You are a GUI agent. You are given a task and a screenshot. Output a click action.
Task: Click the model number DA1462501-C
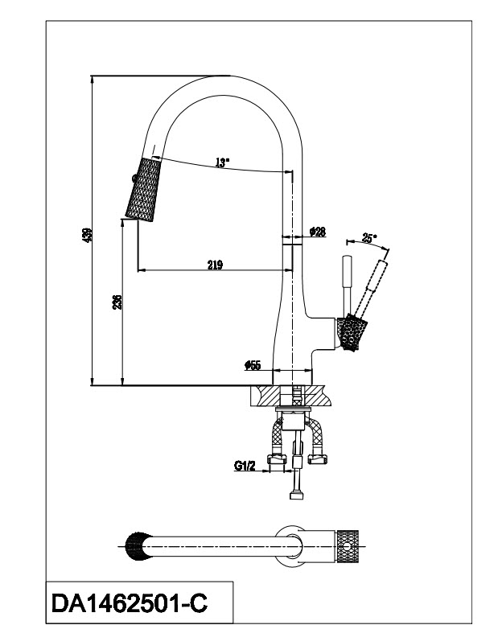(133, 601)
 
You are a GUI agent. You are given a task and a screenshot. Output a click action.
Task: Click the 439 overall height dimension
(88, 234)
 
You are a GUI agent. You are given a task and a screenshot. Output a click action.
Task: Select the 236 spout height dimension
(117, 302)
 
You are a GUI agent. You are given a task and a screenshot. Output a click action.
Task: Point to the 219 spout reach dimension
(214, 265)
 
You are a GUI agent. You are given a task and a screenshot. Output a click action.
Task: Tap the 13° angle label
(222, 162)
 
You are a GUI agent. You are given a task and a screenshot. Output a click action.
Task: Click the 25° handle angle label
(368, 238)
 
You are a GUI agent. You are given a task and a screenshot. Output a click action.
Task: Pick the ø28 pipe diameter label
(318, 232)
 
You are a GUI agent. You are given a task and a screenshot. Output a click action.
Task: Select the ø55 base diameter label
(252, 365)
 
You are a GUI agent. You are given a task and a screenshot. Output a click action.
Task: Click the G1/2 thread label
(245, 464)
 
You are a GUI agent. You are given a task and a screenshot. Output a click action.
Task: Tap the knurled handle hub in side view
(353, 333)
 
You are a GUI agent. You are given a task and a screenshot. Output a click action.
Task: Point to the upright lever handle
(347, 286)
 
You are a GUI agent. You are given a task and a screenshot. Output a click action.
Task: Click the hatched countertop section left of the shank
(272, 395)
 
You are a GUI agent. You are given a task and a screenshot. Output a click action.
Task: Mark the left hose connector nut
(278, 459)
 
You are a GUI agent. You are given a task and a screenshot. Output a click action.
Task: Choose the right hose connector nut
(317, 459)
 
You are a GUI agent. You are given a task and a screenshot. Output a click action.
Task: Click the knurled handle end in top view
(350, 545)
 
